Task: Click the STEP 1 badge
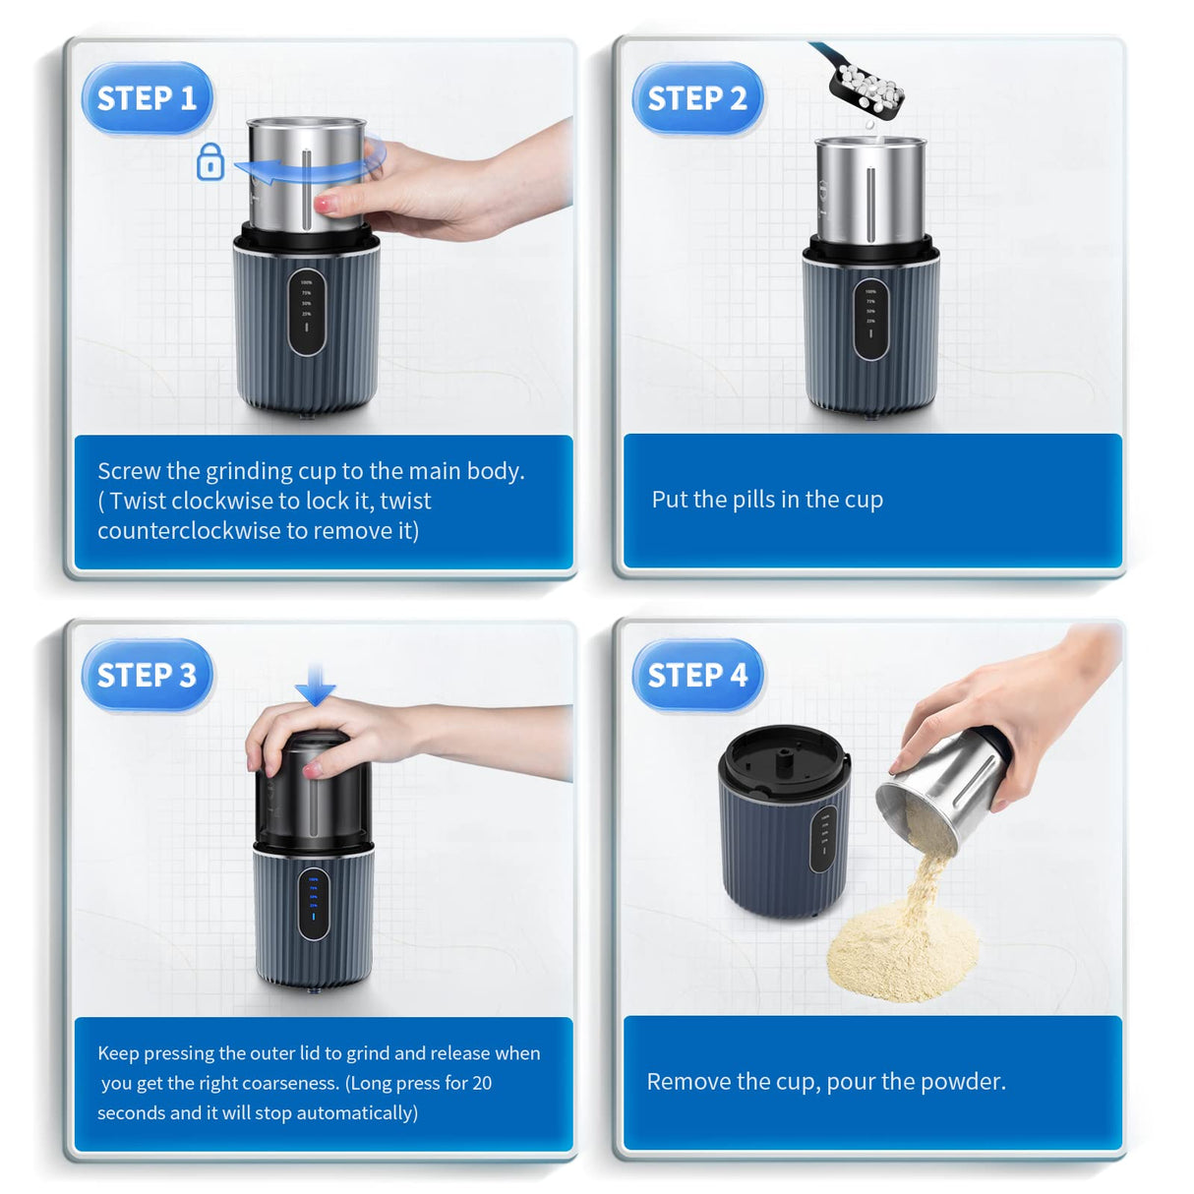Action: (x=147, y=98)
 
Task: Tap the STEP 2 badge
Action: (x=696, y=98)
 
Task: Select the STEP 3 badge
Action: (x=147, y=676)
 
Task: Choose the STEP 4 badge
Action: (x=696, y=676)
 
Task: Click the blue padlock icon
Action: (x=210, y=162)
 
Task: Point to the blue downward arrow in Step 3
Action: (x=315, y=685)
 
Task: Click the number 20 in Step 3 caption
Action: (x=482, y=1083)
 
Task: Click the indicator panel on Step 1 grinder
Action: (x=307, y=312)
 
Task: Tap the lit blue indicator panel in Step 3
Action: (x=314, y=903)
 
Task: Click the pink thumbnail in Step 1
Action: (x=323, y=204)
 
